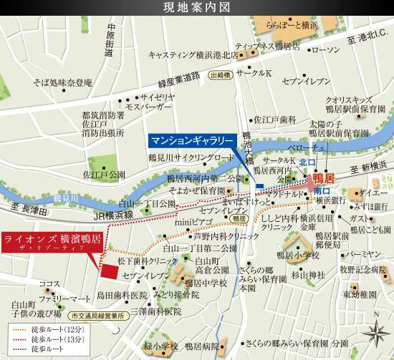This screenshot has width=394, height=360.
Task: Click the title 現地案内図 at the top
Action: [196, 9]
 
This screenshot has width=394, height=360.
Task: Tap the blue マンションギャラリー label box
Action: [192, 140]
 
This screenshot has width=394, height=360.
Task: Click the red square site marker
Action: [110, 271]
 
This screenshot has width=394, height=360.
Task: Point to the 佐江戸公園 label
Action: [103, 174]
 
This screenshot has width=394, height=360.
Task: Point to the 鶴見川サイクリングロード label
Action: [191, 157]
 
